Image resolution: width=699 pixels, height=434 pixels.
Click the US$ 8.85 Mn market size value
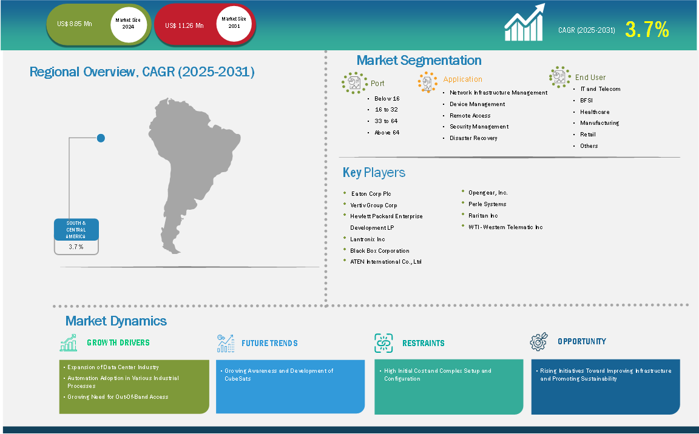(75, 24)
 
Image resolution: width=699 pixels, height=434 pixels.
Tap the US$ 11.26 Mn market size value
(184, 26)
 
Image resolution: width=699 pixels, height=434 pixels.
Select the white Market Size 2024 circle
(129, 24)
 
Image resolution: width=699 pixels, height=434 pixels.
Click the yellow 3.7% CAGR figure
(647, 29)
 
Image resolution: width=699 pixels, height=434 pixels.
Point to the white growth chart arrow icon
(525, 22)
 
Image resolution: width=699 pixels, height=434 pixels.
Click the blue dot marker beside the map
(101, 138)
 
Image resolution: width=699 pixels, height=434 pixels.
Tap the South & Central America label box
(76, 236)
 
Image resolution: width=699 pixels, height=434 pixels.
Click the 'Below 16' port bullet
(387, 99)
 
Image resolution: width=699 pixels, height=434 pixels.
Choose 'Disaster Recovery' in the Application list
(473, 138)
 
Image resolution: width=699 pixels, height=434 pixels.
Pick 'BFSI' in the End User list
(586, 101)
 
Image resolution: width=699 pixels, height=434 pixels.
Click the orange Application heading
(463, 79)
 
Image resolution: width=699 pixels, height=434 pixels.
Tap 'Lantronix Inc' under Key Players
(367, 239)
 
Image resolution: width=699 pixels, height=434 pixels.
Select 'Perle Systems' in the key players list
(487, 204)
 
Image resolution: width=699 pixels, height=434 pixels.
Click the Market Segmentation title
(419, 60)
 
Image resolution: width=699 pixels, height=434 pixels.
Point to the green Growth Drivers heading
(118, 342)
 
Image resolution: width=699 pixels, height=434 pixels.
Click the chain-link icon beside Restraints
(383, 343)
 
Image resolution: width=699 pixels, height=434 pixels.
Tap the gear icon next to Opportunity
(539, 341)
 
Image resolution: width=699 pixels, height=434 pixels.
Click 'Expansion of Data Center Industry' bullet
(113, 367)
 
